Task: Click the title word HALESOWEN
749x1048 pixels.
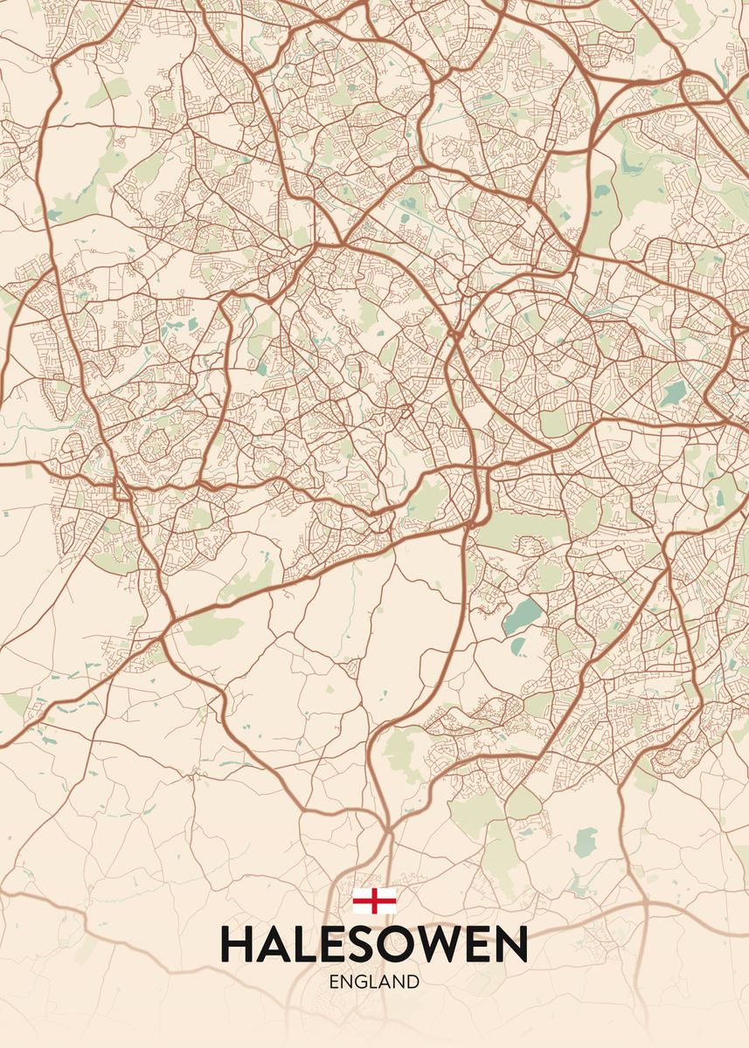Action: click(374, 944)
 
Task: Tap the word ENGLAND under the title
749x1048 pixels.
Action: click(374, 982)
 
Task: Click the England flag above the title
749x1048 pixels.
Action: click(374, 900)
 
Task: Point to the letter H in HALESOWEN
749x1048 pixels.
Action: click(237, 944)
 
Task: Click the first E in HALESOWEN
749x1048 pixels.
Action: click(332, 944)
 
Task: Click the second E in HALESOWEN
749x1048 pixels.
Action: click(476, 944)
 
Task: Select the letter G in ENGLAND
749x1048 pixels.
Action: click(363, 982)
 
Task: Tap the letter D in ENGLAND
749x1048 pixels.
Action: click(413, 982)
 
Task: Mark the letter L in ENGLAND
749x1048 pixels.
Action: click(375, 982)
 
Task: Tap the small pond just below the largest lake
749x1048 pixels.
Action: click(517, 646)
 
